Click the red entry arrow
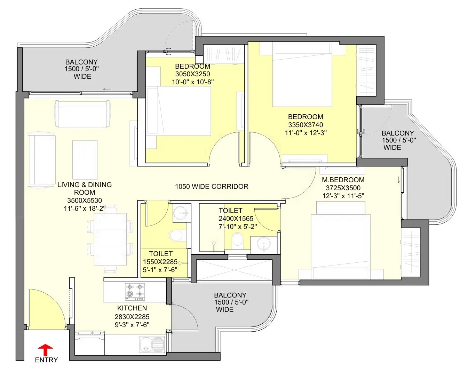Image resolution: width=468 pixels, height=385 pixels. pyautogui.click(x=45, y=350)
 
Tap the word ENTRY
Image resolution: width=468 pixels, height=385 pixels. pyautogui.click(x=46, y=360)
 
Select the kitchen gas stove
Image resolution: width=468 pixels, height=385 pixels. pyautogui.click(x=135, y=292)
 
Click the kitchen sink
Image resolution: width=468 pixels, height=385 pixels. pyautogui.click(x=152, y=344)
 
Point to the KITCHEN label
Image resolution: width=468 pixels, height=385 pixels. pyautogui.click(x=132, y=308)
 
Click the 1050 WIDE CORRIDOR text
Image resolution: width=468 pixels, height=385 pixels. pyautogui.click(x=212, y=186)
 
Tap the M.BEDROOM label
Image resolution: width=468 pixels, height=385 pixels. pyautogui.click(x=343, y=180)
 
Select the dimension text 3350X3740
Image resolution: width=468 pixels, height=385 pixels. pyautogui.click(x=306, y=125)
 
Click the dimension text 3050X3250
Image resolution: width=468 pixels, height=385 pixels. pyautogui.click(x=193, y=74)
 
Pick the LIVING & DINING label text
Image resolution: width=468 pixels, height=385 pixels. pyautogui.click(x=85, y=185)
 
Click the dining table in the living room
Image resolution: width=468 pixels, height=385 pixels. pyautogui.click(x=110, y=239)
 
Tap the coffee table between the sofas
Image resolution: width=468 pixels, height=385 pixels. pyautogui.click(x=85, y=160)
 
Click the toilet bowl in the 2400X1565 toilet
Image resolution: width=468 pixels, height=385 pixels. pyautogui.click(x=237, y=241)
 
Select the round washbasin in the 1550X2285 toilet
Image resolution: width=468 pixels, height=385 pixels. pyautogui.click(x=182, y=213)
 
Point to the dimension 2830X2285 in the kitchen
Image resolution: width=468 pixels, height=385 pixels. pyautogui.click(x=132, y=317)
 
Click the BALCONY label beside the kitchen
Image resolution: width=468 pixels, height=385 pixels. pyautogui.click(x=230, y=295)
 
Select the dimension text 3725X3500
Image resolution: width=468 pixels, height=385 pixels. pyautogui.click(x=343, y=188)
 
